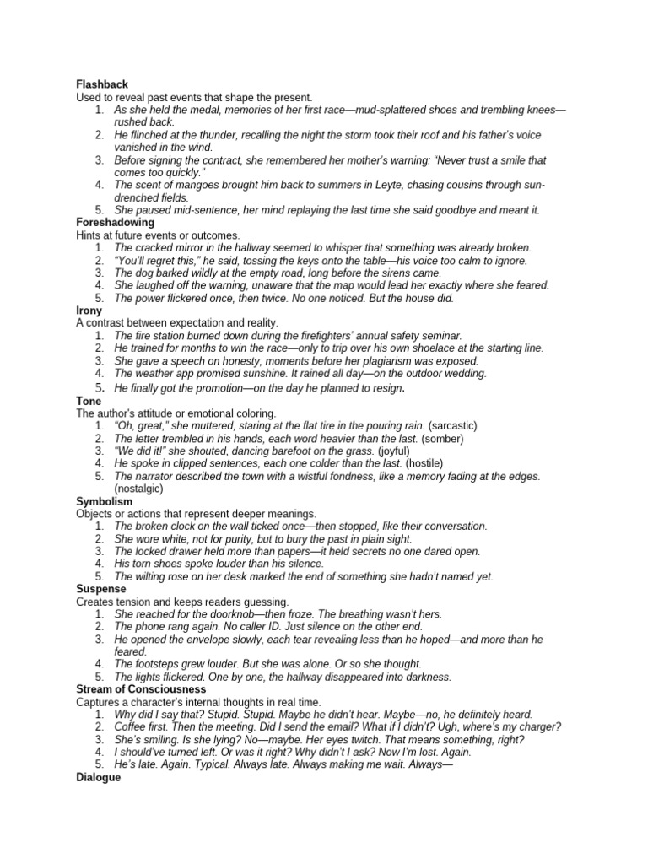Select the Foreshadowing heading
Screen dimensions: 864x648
tap(115, 222)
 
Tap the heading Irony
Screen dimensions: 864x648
tap(90, 310)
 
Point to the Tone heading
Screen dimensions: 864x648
tap(89, 401)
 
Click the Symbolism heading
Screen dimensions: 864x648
tap(105, 501)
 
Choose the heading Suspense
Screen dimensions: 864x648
tap(101, 589)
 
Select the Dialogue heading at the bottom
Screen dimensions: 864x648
tap(98, 777)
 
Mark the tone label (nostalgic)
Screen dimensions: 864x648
tap(138, 489)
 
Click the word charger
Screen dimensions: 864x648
tap(541, 726)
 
